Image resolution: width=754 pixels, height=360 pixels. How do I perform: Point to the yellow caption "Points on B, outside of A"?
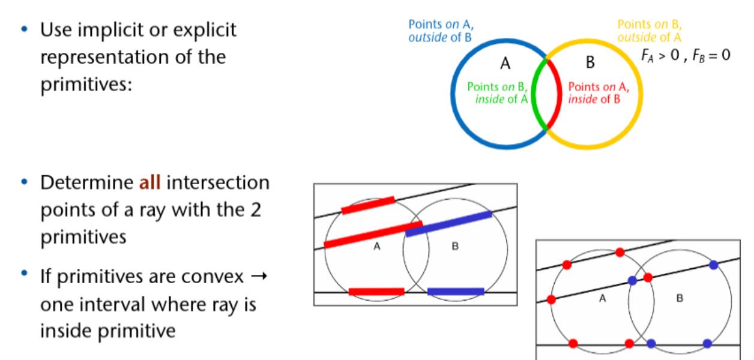650,29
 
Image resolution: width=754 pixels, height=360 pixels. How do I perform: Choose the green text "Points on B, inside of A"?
497,92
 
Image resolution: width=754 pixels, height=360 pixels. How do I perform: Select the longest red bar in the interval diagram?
373,235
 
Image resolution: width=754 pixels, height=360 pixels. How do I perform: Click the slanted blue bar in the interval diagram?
448,223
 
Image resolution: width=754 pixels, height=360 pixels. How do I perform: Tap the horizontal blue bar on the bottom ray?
456,292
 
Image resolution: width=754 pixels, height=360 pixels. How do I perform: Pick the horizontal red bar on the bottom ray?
376,292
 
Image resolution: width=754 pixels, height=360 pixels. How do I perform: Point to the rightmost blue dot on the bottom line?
707,344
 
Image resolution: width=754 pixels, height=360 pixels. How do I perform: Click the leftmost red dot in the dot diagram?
552,299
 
